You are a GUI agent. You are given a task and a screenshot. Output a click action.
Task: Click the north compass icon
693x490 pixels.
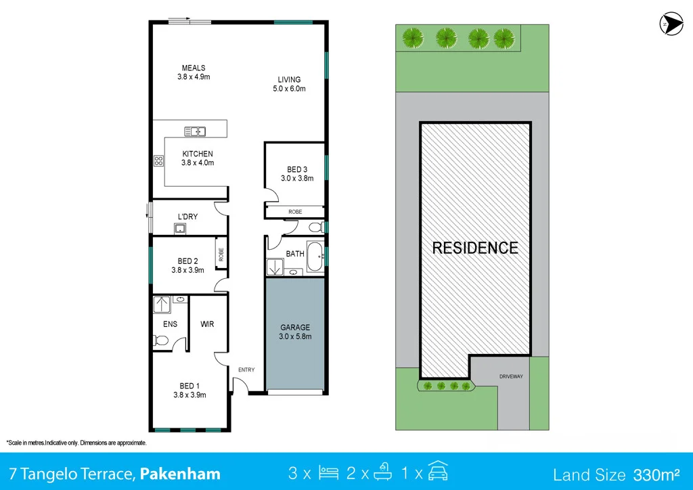671,24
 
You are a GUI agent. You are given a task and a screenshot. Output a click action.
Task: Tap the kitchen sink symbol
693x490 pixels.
195,131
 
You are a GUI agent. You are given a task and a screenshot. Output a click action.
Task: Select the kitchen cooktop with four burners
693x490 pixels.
158,161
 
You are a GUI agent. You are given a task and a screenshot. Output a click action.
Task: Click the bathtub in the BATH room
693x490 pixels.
315,257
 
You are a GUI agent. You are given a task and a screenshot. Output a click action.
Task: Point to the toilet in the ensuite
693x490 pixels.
160,340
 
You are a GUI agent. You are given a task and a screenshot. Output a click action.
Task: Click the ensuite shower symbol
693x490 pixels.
162,305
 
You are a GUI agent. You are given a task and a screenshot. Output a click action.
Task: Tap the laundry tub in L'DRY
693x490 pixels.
179,229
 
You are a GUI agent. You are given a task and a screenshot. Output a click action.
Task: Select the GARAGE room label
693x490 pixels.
295,328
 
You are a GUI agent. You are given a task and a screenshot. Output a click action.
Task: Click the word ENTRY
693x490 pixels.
246,370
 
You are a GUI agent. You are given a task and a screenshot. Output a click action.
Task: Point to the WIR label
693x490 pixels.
207,324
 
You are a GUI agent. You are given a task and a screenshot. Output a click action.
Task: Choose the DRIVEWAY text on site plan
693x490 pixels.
511,376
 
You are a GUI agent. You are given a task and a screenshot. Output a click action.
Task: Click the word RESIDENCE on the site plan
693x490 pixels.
475,248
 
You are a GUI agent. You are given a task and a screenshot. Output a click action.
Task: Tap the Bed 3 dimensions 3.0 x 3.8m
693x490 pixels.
297,179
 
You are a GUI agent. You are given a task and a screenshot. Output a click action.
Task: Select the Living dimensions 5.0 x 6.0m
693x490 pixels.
289,89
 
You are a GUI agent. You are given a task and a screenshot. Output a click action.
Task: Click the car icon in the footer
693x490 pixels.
438,471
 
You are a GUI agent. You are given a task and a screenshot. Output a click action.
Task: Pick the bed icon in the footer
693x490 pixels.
328,473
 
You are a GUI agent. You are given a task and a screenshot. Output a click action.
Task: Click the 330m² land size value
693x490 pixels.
656,474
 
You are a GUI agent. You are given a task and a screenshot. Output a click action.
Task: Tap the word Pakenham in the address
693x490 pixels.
180,474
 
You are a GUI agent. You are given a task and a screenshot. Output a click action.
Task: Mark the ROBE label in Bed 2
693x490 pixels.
221,254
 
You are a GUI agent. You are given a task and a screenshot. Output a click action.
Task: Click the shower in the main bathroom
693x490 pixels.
275,267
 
